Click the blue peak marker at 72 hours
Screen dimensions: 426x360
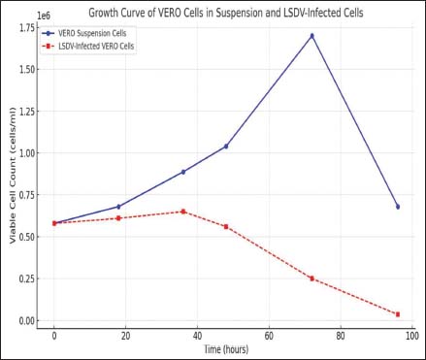click(311, 36)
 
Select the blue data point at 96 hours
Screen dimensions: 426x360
click(398, 207)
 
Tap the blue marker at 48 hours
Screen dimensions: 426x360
click(226, 147)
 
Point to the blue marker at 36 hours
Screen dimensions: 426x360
click(183, 172)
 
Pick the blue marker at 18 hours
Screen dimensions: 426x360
click(118, 207)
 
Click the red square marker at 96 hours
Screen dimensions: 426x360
click(398, 314)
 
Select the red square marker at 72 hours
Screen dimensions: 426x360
click(311, 278)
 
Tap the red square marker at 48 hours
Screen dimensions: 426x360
click(226, 227)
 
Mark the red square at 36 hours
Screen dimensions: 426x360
click(183, 212)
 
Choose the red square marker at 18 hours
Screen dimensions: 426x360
click(118, 218)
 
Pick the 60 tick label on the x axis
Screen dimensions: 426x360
click(269, 336)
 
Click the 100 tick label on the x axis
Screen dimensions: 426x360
click(412, 336)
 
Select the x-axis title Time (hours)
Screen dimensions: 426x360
click(226, 349)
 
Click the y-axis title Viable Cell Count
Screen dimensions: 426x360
click(13, 201)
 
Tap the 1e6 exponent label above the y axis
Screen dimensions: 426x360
click(44, 16)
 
